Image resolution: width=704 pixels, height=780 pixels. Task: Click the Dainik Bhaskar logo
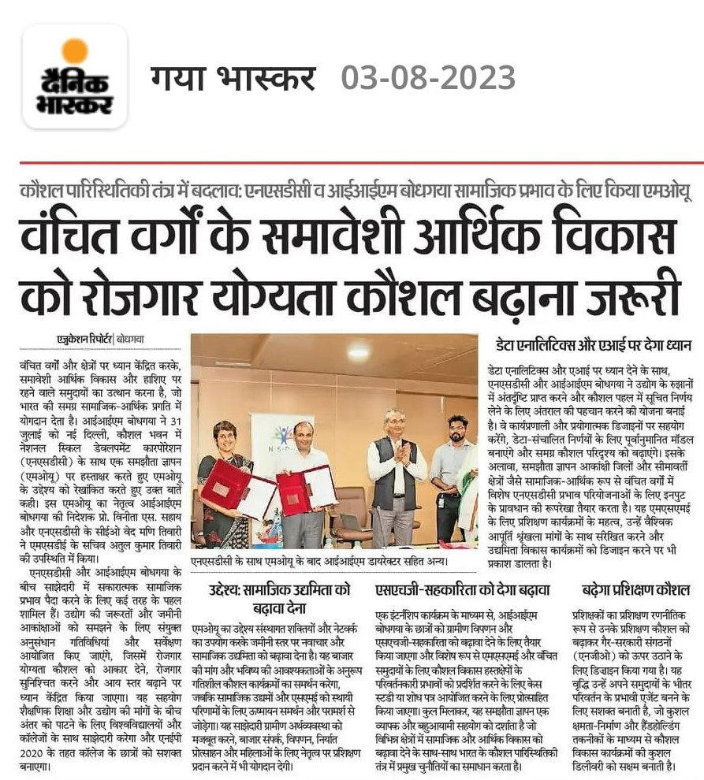click(75, 77)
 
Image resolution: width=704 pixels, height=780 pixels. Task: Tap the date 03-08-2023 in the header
click(428, 78)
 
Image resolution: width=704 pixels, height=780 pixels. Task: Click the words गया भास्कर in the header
click(233, 78)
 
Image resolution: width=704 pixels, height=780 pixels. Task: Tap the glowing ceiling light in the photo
click(358, 351)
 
